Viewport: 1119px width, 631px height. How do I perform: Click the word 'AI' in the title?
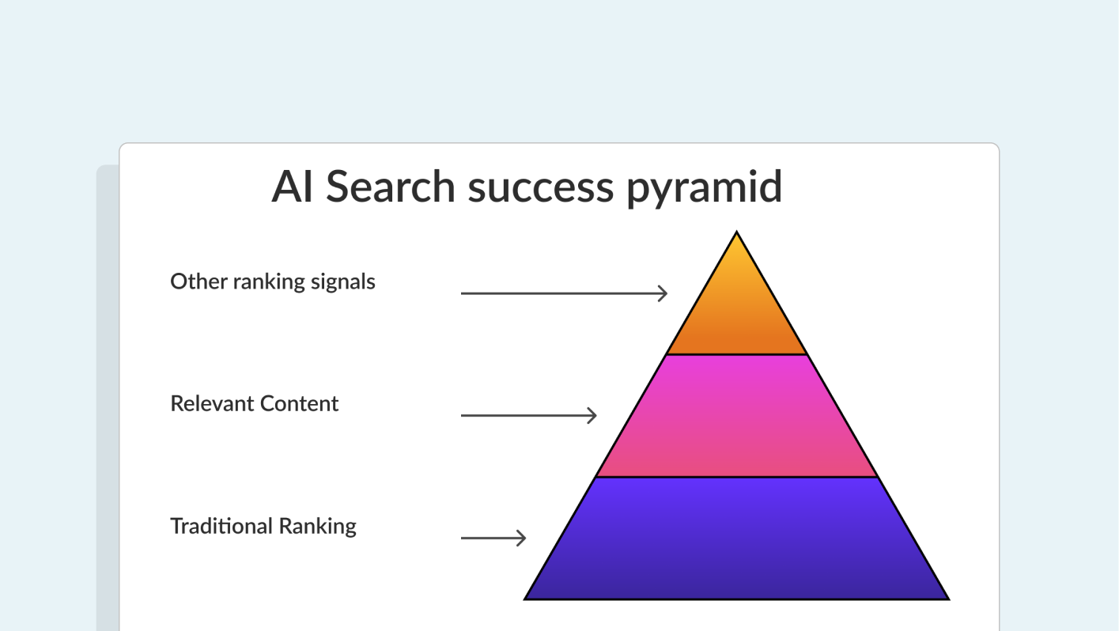[292, 187]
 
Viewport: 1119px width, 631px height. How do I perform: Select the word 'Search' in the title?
[391, 187]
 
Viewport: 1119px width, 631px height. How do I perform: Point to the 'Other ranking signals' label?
[273, 281]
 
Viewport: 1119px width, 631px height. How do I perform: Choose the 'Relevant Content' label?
[255, 403]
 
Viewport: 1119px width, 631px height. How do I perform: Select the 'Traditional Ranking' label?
[263, 526]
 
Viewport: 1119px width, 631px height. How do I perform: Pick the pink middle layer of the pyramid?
[736, 417]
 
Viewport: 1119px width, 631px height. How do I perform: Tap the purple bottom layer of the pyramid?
[736, 539]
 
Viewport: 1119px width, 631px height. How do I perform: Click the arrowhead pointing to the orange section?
[663, 293]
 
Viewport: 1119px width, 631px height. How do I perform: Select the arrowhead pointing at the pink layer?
[592, 415]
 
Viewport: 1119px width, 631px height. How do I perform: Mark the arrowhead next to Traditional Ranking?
[521, 538]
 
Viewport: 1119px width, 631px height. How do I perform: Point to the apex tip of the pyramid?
[736, 234]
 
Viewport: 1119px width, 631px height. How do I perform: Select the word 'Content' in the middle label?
[300, 403]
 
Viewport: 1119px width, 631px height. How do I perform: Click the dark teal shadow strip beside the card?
[107, 395]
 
